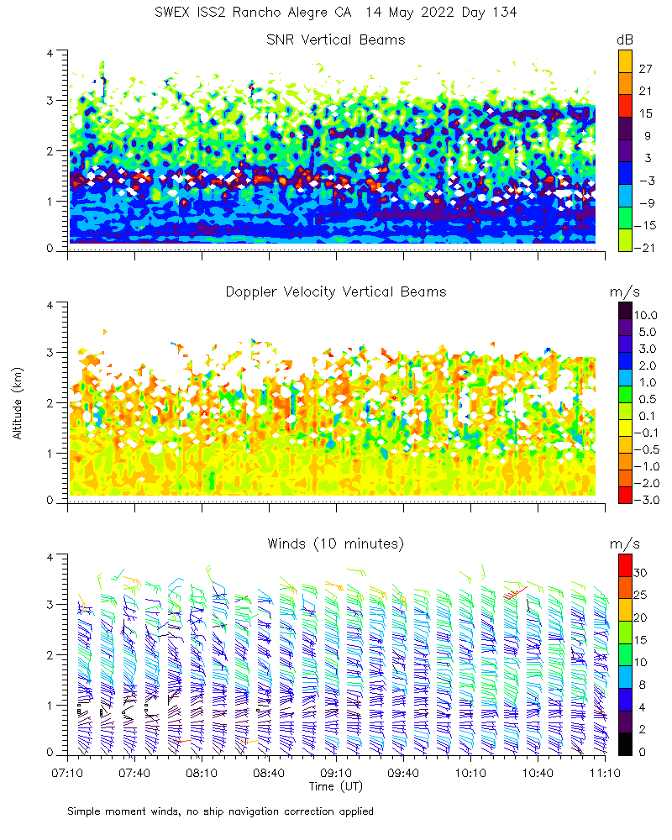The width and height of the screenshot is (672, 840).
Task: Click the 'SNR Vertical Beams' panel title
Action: pos(335,39)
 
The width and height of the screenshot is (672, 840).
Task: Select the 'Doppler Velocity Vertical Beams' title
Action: pos(335,291)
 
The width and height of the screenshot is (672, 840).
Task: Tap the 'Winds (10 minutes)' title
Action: pos(335,543)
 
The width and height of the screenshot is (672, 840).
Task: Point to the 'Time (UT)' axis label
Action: pos(335,786)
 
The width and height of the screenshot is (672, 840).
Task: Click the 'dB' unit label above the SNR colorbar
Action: pos(625,39)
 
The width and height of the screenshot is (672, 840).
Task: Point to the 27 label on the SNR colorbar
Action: pos(645,67)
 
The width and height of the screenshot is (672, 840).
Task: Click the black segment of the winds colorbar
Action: pos(625,746)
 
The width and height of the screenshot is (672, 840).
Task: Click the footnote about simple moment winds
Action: pos(220,811)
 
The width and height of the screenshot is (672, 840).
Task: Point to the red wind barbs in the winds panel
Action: pos(513,592)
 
